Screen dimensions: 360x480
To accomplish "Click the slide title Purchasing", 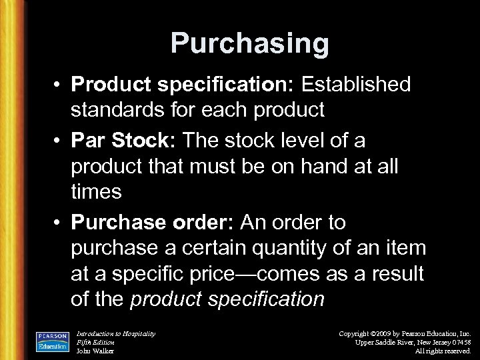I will pyautogui.click(x=249, y=44).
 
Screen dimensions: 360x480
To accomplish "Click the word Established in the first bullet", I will pyautogui.click(x=357, y=85).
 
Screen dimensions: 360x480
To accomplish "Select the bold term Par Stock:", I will pyautogui.click(x=125, y=140).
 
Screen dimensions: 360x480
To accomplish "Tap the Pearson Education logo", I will pyautogui.click(x=53, y=340).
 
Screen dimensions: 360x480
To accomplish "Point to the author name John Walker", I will pyautogui.click(x=95, y=351).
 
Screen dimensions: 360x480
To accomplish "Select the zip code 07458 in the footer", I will pyautogui.click(x=460, y=342).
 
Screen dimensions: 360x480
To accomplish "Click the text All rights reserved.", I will pyautogui.click(x=443, y=351).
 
